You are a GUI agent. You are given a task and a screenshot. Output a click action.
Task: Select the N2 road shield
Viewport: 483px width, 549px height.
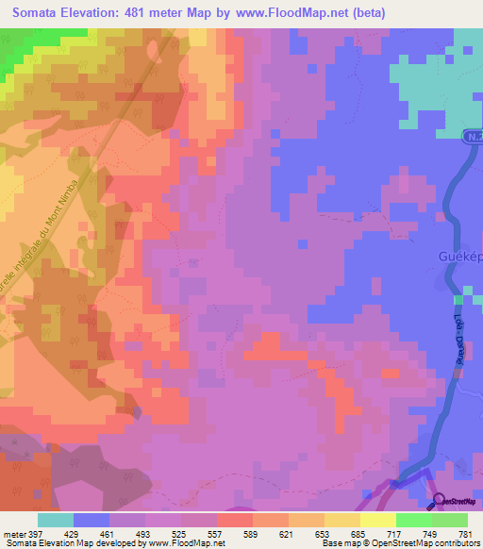point(474,138)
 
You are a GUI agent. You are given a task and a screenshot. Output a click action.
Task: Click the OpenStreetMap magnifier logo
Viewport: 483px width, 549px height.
point(440,501)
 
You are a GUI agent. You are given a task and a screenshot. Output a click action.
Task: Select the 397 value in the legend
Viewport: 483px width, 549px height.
point(37,534)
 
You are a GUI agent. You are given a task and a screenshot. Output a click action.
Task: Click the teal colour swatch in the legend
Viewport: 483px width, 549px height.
point(56,520)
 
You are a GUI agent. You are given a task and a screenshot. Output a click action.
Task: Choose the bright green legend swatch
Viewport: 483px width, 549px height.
point(413,520)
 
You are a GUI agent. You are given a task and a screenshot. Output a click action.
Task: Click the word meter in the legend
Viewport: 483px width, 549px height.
point(13,534)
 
